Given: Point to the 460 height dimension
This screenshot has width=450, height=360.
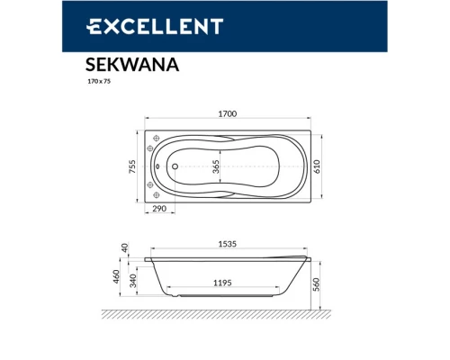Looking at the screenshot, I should (x=116, y=276).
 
